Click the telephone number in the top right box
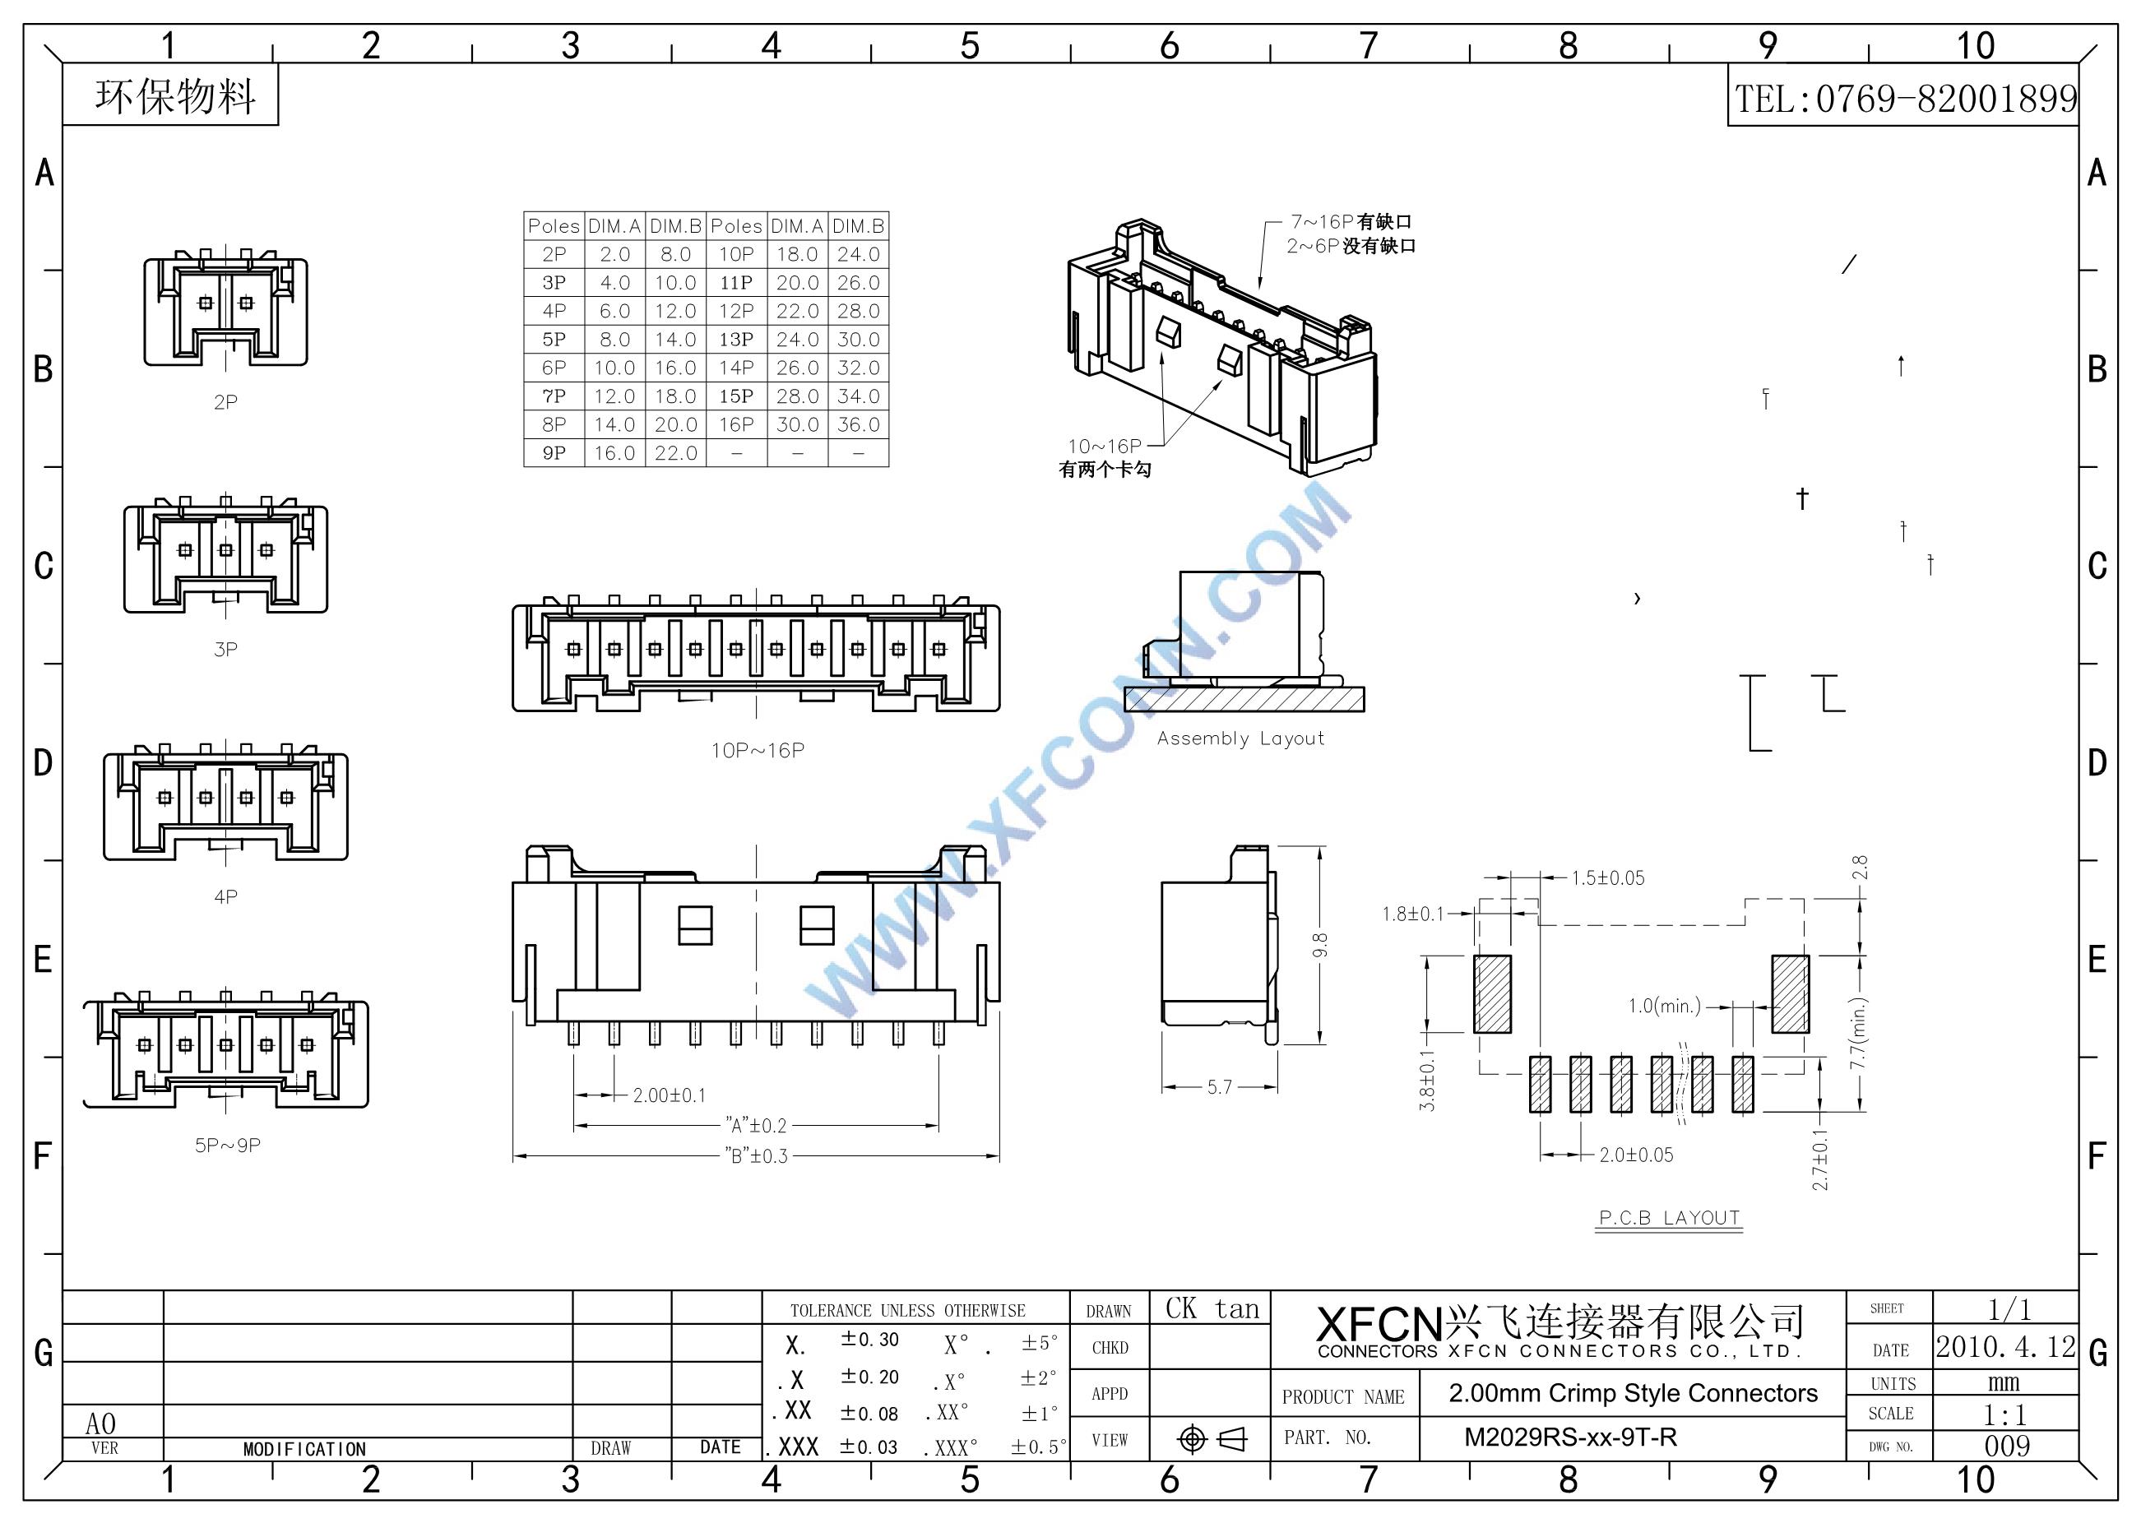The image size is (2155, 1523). tap(1904, 99)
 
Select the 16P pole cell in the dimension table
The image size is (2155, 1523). tap(736, 424)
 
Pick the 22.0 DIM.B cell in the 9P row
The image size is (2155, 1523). tap(676, 453)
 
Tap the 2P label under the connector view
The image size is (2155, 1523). tap(225, 403)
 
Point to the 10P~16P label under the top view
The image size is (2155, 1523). tap(758, 751)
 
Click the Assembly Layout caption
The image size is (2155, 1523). tap(1240, 738)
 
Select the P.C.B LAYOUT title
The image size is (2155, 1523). tap(1669, 1218)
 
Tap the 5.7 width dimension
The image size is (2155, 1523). tap(1219, 1086)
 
